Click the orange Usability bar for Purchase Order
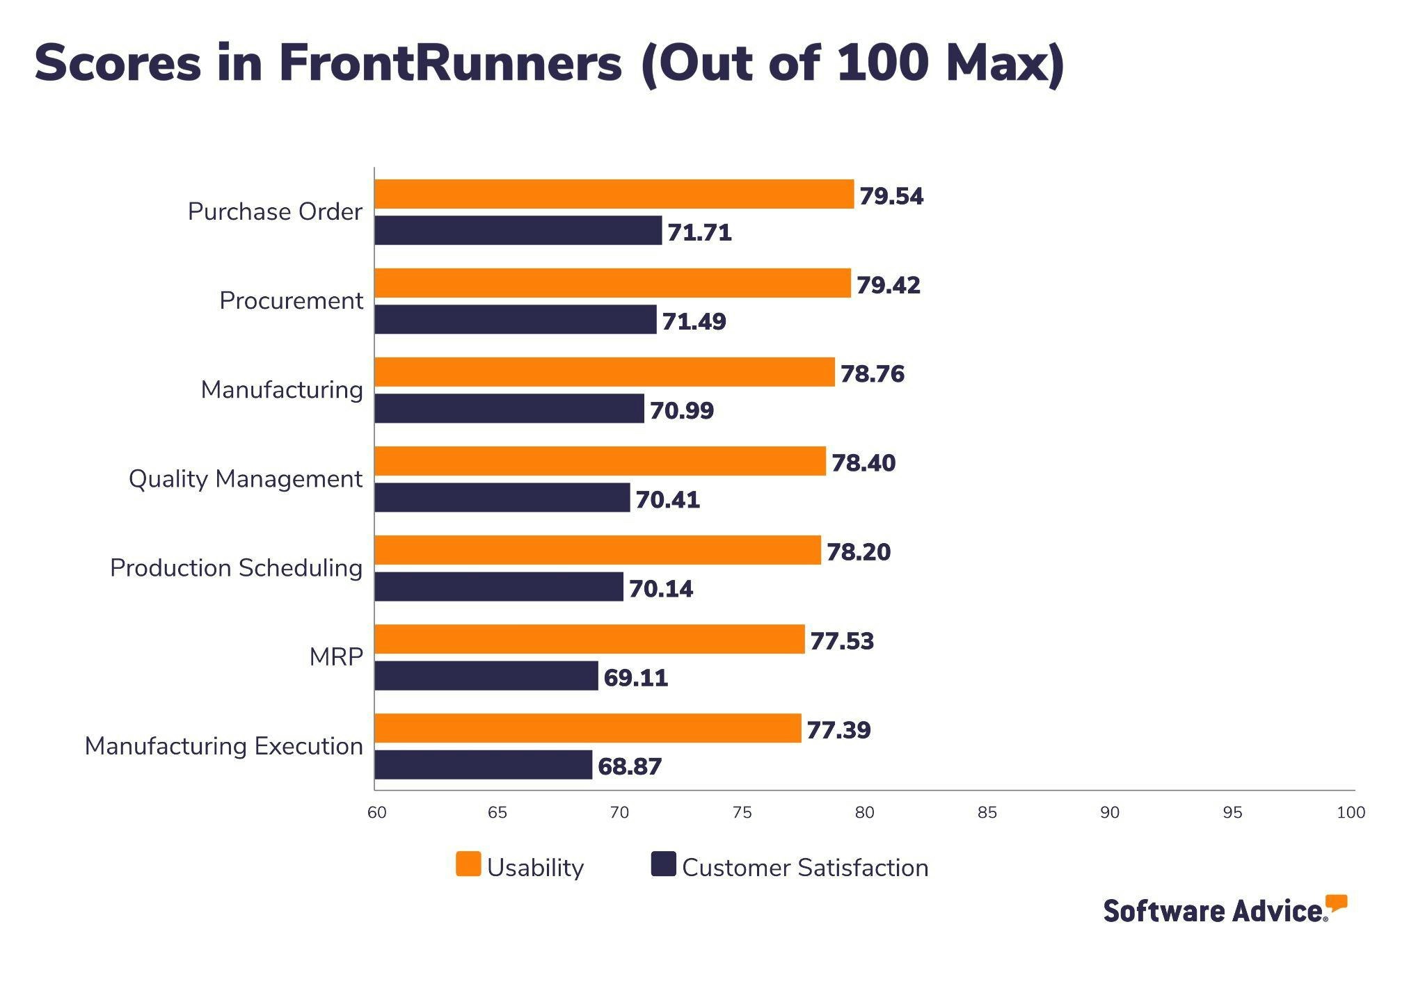(x=614, y=194)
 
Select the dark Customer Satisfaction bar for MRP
(x=486, y=676)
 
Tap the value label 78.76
(x=872, y=374)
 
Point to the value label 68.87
(x=629, y=766)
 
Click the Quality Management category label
(x=245, y=479)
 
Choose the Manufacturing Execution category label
(x=223, y=746)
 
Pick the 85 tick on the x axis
(x=987, y=812)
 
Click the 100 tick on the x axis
(x=1351, y=812)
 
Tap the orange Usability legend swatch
(x=468, y=864)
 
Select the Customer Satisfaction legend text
(x=804, y=868)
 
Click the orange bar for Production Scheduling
(x=597, y=550)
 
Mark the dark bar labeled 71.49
(x=515, y=319)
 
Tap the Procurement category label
(x=291, y=301)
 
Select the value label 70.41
(x=667, y=499)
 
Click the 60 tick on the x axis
(x=376, y=812)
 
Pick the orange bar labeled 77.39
(x=587, y=728)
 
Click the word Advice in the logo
(x=1279, y=911)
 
